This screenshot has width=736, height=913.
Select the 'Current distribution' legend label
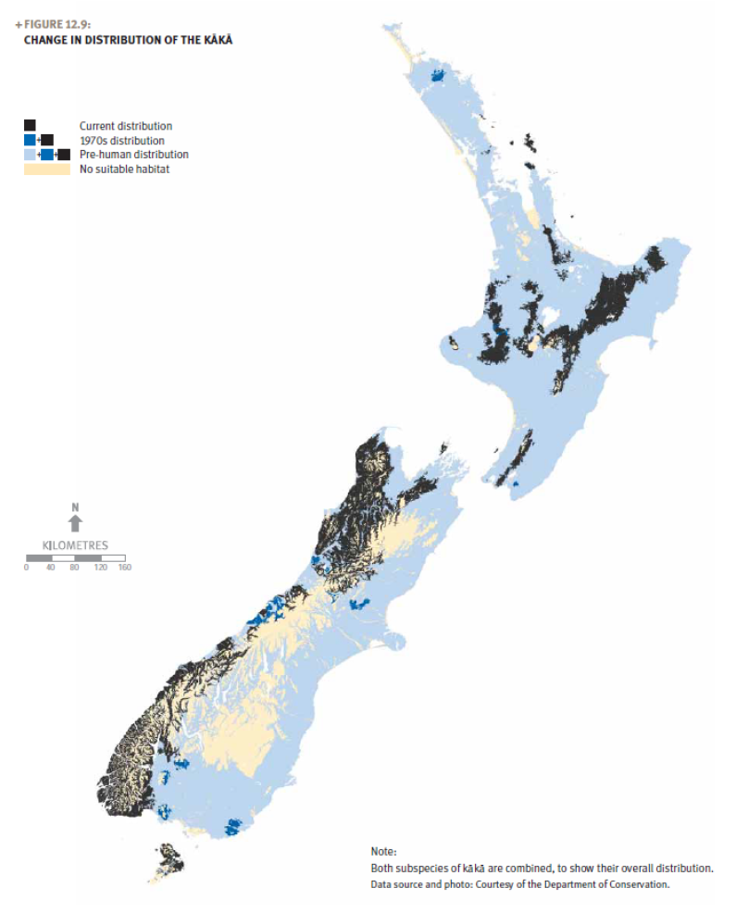125,126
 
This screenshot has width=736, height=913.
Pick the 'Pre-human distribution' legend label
133,155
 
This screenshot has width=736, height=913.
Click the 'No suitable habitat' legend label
124,169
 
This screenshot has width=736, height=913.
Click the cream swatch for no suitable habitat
46,169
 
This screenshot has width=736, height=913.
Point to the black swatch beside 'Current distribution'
30,125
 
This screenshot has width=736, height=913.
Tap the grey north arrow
76,524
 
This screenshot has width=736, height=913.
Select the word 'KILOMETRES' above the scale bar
76,545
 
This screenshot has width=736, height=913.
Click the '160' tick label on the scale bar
124,568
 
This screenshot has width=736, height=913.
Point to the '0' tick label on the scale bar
27,568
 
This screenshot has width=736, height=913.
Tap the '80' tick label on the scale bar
75,568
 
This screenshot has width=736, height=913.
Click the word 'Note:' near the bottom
383,851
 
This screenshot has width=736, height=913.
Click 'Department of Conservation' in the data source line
610,884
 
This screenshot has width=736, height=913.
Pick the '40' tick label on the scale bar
50,568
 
